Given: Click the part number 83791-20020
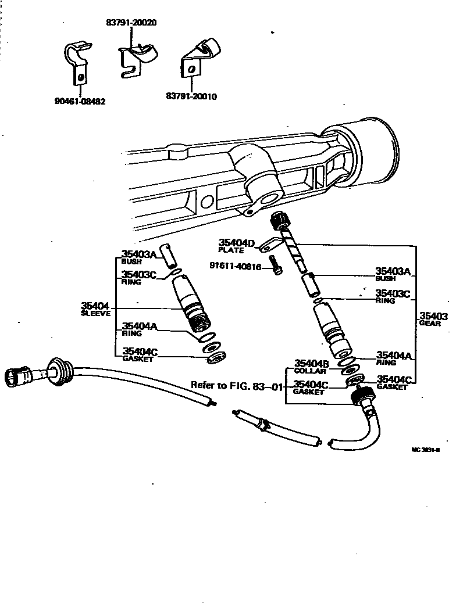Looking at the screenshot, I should [131, 23].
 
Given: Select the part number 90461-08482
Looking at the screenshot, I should [80, 101].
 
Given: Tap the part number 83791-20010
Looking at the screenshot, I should [191, 96].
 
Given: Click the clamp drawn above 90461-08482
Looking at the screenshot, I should [76, 61].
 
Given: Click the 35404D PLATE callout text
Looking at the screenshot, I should [236, 246].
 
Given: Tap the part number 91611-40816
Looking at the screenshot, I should [238, 266].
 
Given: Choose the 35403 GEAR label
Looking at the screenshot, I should [433, 319].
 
